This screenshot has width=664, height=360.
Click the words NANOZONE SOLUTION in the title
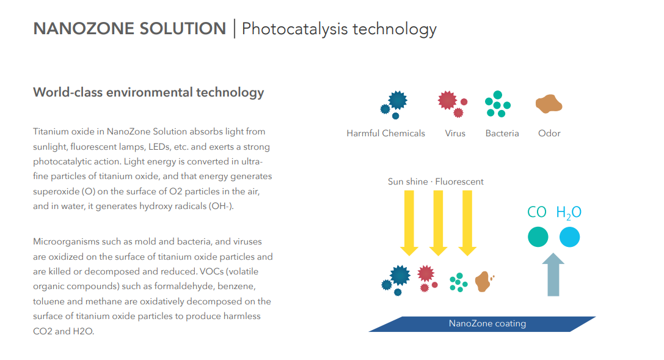130,29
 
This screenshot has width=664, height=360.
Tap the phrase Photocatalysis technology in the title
339,29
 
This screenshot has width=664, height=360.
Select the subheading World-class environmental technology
148,92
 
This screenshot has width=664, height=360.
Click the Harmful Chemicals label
386,133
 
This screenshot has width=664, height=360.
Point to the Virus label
455,133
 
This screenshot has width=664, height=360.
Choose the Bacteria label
502,133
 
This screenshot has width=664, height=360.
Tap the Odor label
549,133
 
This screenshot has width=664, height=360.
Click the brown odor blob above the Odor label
549,104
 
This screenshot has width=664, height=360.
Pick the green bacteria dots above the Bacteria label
498,104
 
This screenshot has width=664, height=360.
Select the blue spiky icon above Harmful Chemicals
395,105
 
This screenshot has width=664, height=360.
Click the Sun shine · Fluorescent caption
436,182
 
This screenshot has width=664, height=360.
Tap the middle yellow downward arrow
439,223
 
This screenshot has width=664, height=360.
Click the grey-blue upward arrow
553,274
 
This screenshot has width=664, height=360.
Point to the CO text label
537,211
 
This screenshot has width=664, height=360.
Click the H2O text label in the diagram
569,213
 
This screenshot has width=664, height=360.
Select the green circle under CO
538,237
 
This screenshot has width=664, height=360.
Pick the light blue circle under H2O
569,237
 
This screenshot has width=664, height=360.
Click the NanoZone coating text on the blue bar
487,323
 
